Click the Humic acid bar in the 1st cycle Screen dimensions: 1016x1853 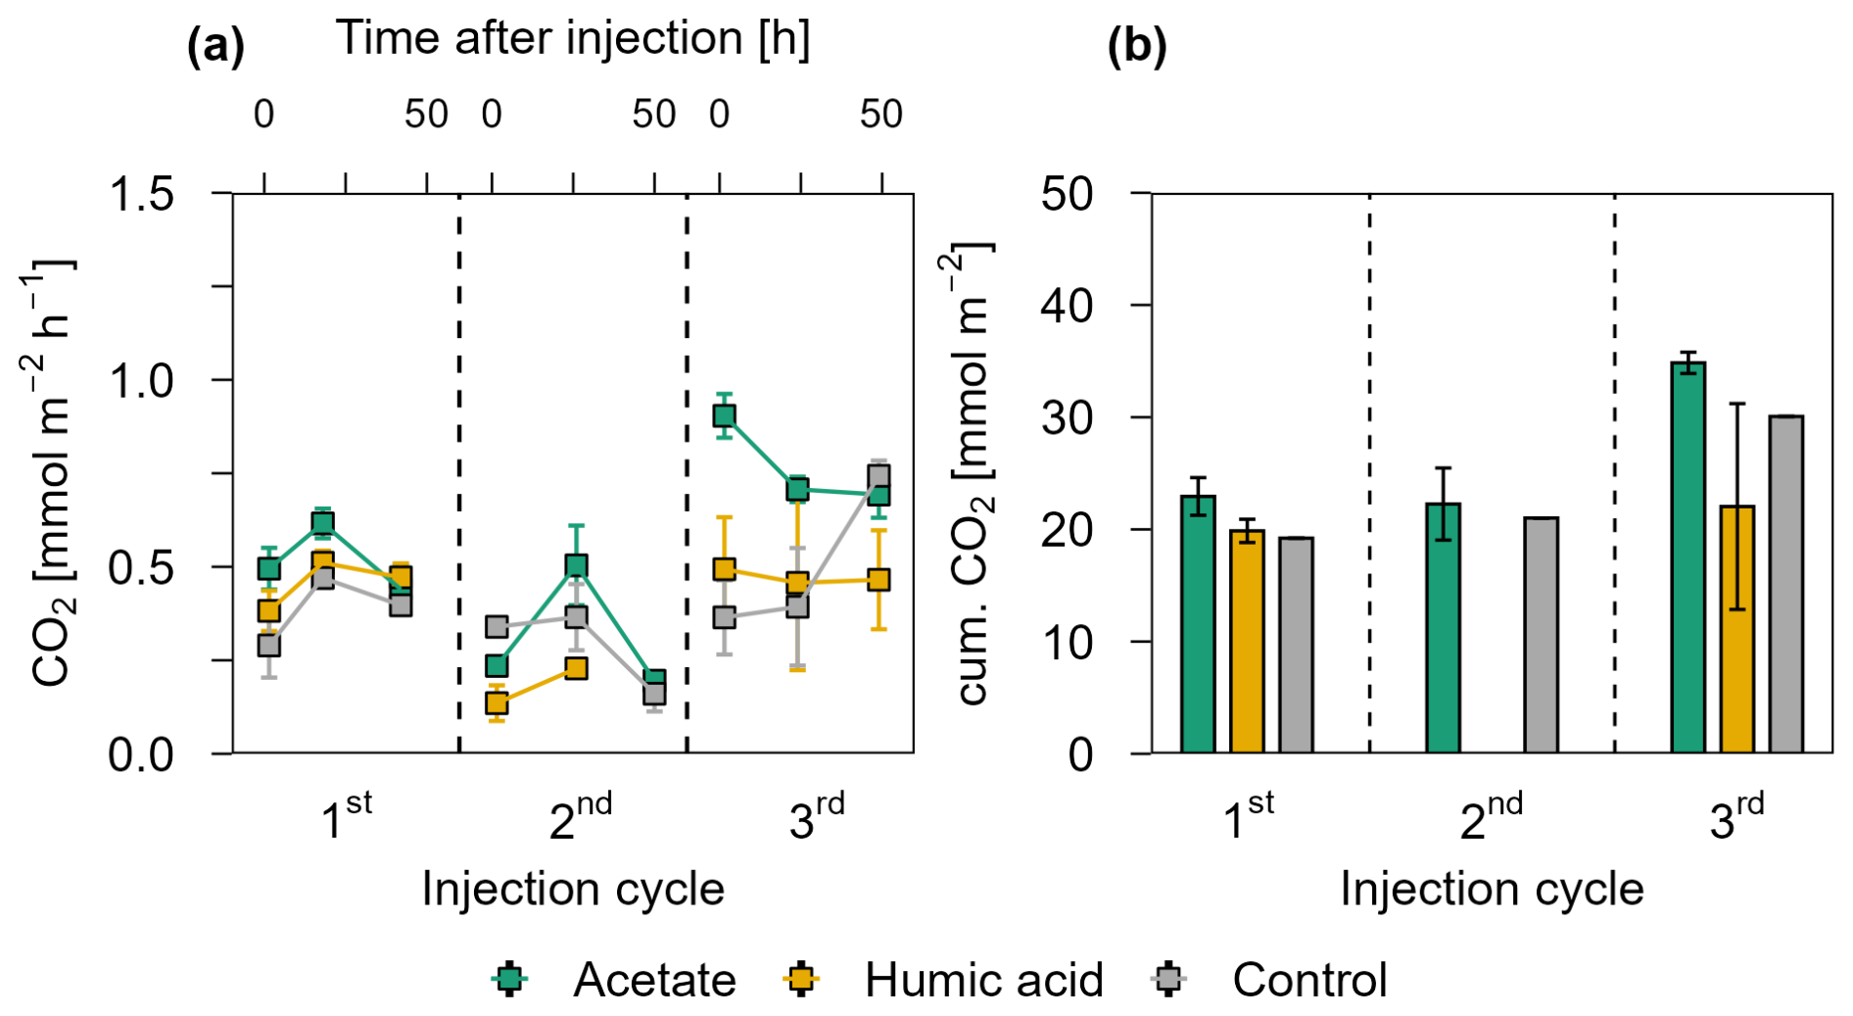point(1247,641)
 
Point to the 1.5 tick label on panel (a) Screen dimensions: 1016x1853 point(141,194)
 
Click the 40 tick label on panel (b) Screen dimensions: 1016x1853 point(1068,306)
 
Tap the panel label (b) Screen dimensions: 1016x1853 point(1136,46)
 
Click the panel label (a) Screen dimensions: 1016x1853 point(215,46)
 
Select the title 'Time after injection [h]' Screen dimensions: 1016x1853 point(573,39)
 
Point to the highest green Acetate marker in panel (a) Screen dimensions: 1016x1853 point(724,415)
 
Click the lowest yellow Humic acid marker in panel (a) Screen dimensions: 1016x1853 point(497,702)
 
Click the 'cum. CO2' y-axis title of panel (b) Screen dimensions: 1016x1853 point(974,472)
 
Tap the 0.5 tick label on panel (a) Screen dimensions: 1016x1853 point(141,568)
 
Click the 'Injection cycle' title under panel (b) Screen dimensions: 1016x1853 point(1491,890)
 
